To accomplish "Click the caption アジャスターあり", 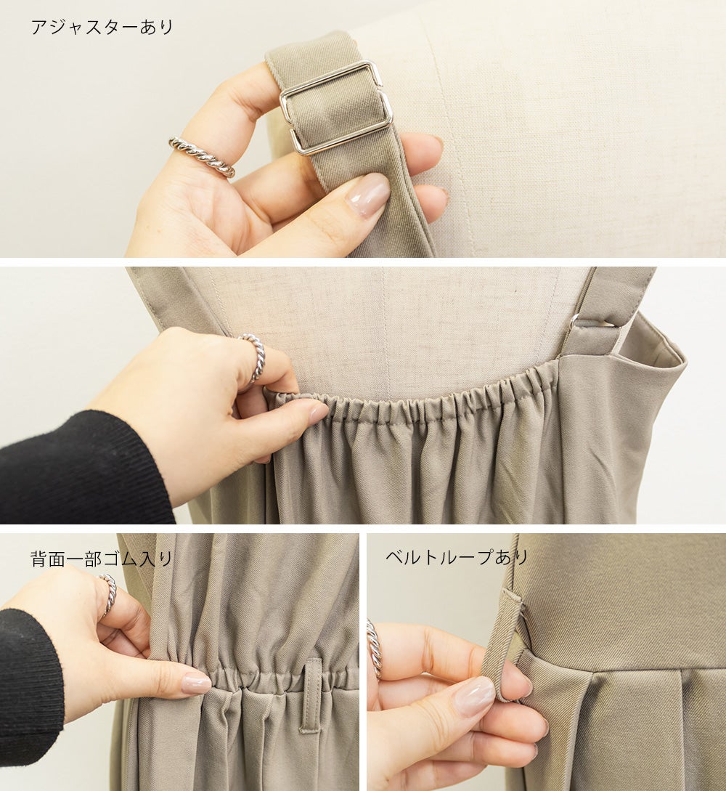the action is [102, 27].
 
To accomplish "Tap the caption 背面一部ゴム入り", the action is [102, 559].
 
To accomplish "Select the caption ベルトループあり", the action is [457, 557].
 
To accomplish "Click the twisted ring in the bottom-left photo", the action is [109, 593].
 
